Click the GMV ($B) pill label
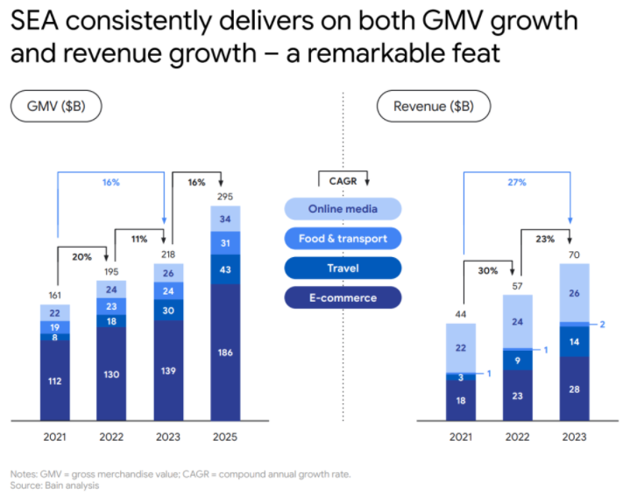click(x=56, y=107)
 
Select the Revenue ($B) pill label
click(x=434, y=107)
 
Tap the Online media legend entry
click(x=343, y=208)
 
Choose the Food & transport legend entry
click(x=343, y=238)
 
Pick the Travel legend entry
click(x=343, y=268)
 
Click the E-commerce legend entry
click(x=343, y=297)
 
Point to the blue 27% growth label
click(x=517, y=183)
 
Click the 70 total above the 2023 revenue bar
click(x=575, y=254)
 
